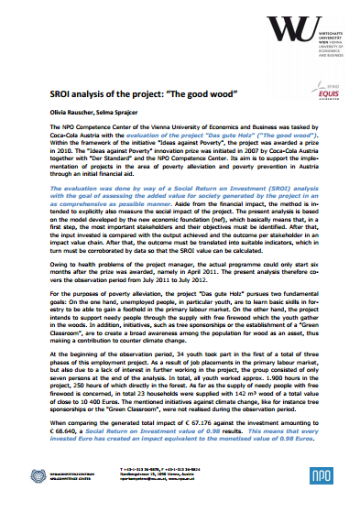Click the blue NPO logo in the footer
tap(321, 484)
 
